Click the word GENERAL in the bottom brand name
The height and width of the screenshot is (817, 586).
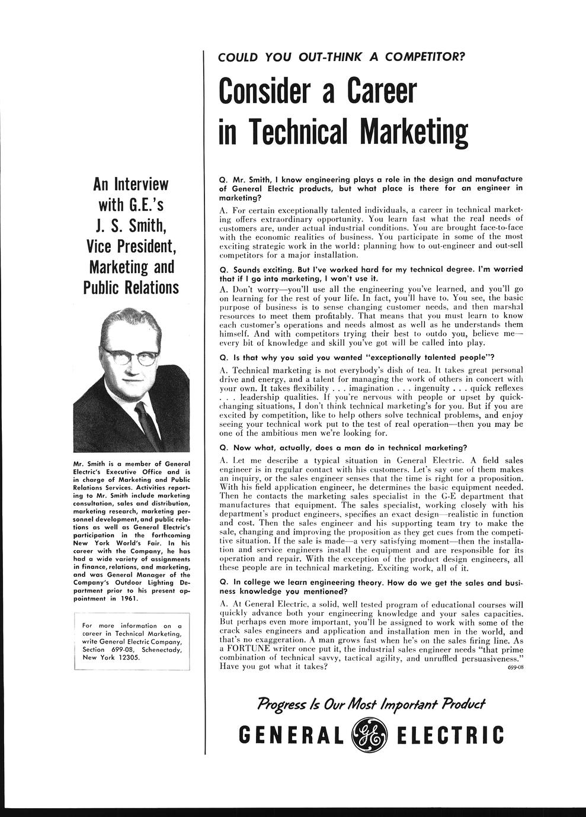(290, 735)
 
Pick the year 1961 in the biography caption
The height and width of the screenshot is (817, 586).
(127, 598)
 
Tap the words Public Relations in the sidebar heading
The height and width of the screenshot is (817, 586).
(131, 287)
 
